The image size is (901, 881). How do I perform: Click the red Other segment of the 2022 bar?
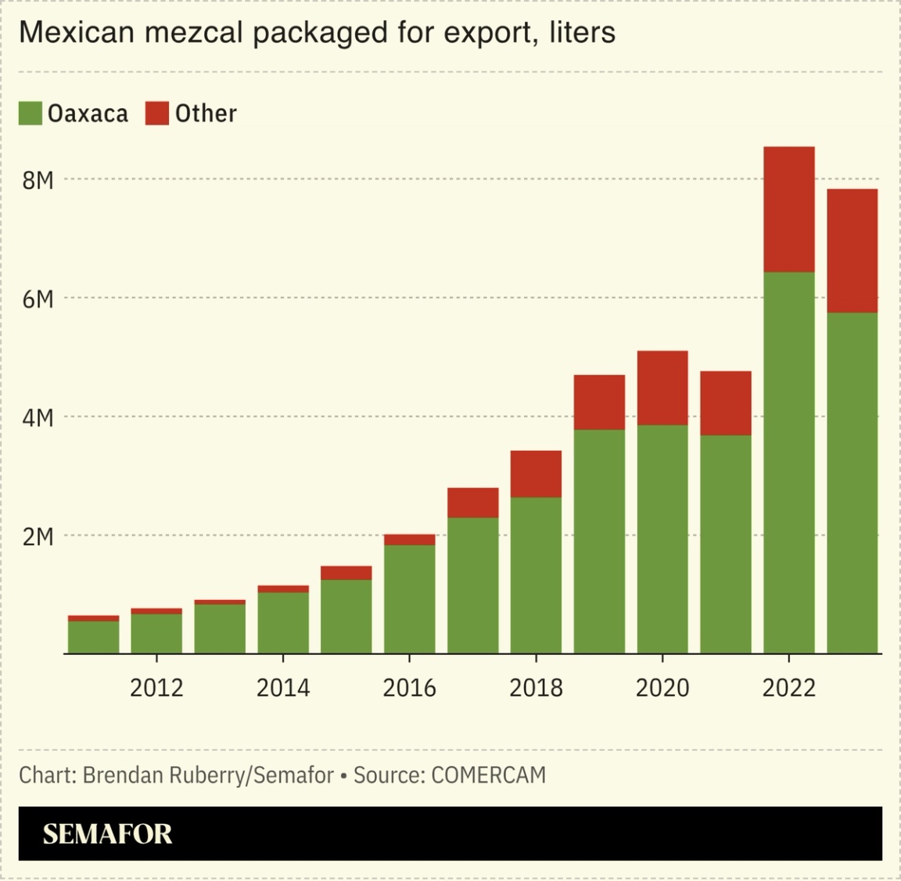tap(788, 209)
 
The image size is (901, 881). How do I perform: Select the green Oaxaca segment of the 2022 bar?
tap(788, 462)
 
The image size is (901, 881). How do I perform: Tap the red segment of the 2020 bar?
tap(662, 388)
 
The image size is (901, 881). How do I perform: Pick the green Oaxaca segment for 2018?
tap(536, 575)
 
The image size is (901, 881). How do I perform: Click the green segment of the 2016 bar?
tap(409, 599)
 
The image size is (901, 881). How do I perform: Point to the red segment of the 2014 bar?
tap(283, 588)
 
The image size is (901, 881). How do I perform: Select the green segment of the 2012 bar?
tap(156, 633)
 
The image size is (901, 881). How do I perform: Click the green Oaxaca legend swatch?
tap(31, 113)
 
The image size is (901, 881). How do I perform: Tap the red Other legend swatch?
tap(157, 113)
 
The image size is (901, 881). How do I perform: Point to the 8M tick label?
tap(38, 181)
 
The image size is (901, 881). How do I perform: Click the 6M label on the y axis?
tap(38, 299)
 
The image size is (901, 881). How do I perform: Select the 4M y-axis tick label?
tap(38, 418)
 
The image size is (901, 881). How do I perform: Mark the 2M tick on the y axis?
tap(38, 537)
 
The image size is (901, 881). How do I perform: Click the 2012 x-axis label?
tap(156, 688)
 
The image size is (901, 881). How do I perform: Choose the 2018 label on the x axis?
tap(536, 688)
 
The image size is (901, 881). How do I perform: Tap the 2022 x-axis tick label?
tap(788, 688)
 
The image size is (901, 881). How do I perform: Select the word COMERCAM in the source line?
tap(488, 775)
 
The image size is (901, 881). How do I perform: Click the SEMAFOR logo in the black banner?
tap(107, 834)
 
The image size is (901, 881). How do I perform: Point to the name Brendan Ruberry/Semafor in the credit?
tap(208, 775)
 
